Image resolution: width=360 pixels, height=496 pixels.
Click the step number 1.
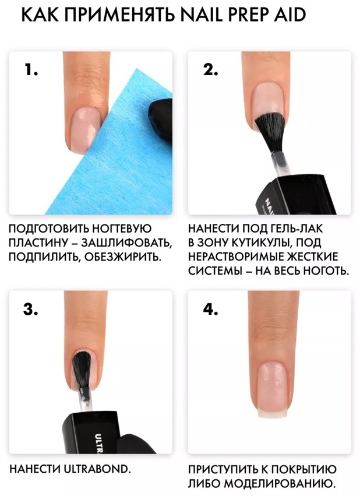[x=31, y=69]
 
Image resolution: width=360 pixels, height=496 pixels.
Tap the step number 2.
[x=210, y=69]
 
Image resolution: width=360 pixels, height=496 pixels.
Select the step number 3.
[x=31, y=309]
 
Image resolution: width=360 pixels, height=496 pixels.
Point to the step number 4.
[x=210, y=309]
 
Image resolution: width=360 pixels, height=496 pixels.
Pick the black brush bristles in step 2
[x=270, y=132]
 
